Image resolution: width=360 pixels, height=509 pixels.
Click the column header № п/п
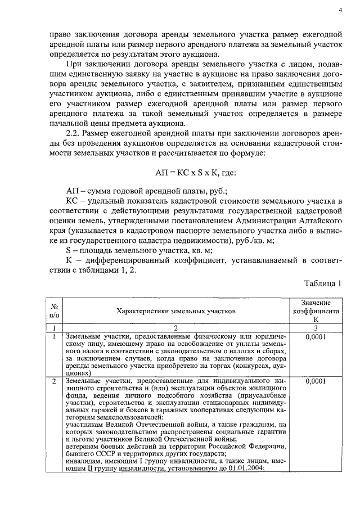click(x=55, y=310)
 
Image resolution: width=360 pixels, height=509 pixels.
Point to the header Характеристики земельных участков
click(x=176, y=310)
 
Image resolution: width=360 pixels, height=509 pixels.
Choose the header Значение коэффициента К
click(x=315, y=310)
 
